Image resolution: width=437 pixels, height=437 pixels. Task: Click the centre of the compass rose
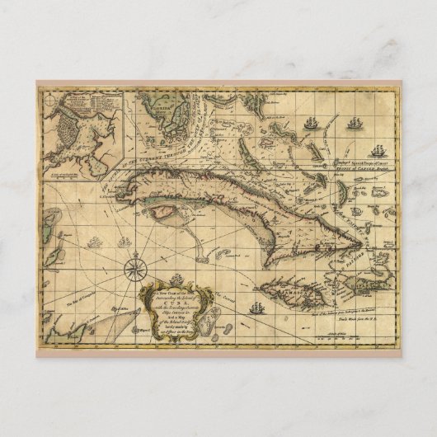pos(132,266)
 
